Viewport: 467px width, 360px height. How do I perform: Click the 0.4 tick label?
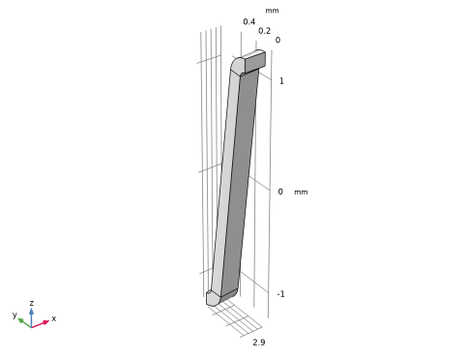click(x=249, y=21)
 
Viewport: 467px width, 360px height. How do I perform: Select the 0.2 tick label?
click(x=264, y=31)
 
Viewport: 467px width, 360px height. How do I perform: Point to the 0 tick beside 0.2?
click(x=277, y=40)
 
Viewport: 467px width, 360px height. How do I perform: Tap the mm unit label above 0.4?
click(x=272, y=11)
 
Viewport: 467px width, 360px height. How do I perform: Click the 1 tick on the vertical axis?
click(x=281, y=81)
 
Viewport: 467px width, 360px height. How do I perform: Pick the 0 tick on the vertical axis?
click(x=280, y=192)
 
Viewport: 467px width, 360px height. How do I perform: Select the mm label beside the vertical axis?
click(x=301, y=192)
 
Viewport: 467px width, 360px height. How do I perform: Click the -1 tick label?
click(x=280, y=294)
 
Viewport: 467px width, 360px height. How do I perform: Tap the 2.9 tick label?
click(x=259, y=343)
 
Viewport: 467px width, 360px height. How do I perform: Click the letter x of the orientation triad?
click(x=54, y=318)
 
